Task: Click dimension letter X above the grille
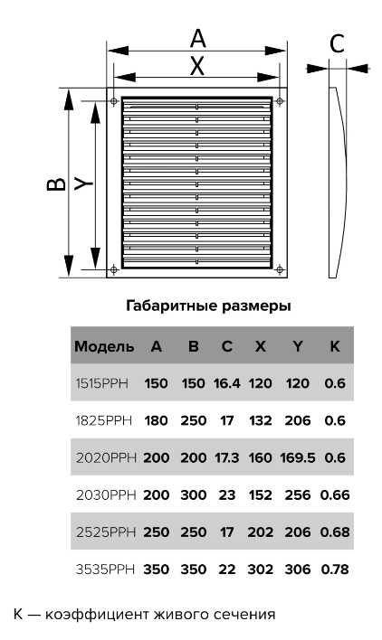pos(197,65)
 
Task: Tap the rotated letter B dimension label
pos(56,184)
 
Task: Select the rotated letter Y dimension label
pos(84,184)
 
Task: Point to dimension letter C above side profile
pos(337,43)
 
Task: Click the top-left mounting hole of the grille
pos(114,101)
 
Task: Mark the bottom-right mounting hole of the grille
pos(280,269)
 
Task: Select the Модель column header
pos(104,346)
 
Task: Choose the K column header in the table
pos(335,346)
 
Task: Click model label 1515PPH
pos(101,383)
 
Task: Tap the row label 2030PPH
pos(106,494)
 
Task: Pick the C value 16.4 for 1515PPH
pos(227,383)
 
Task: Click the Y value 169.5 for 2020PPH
pos(298,457)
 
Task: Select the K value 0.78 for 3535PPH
pos(335,569)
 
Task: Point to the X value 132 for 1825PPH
pos(261,420)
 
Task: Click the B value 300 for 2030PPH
pos(193,494)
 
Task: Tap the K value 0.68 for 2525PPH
pos(335,532)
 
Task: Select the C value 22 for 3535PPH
pos(227,569)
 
